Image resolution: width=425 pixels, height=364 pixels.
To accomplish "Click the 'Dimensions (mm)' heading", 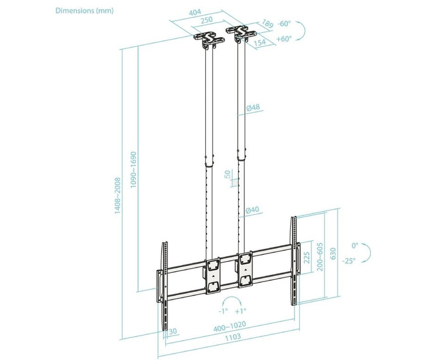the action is (84, 10).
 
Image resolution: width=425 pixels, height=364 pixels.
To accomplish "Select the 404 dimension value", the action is (195, 12).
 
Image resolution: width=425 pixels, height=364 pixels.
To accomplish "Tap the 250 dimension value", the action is (206, 20).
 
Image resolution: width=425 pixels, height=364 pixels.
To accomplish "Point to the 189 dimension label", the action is (267, 24).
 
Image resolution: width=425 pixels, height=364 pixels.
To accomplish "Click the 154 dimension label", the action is (260, 42).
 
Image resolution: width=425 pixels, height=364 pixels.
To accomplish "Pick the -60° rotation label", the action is (284, 24).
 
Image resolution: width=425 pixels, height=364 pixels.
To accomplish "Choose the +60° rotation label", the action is (284, 39).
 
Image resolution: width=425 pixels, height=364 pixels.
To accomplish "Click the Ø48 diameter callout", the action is (253, 107).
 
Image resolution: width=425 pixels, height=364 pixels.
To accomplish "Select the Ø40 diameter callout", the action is (252, 210).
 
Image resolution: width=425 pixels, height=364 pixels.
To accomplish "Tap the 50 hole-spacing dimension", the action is (228, 174).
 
